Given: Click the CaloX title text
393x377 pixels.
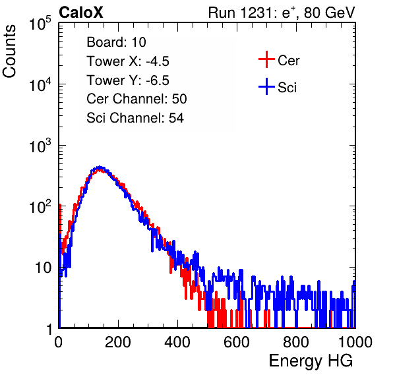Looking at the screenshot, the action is click(x=80, y=13).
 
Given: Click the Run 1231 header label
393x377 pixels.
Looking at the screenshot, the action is click(x=282, y=13).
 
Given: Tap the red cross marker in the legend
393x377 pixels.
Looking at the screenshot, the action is click(x=266, y=59).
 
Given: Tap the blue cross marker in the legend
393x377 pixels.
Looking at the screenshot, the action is click(x=266, y=86).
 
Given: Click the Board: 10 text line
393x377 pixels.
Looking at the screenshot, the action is click(x=116, y=42).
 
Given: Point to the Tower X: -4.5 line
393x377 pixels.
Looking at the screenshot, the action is click(x=128, y=61).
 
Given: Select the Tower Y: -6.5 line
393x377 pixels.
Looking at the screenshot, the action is click(x=128, y=80).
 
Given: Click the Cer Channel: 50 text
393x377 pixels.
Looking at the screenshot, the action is click(x=136, y=99).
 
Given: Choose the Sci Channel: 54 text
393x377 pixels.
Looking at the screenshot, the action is click(x=135, y=118).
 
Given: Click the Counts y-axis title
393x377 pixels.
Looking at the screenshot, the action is click(x=9, y=51).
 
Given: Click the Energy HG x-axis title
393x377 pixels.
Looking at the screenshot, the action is click(x=311, y=361).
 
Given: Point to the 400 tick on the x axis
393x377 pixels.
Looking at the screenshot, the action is click(x=177, y=342).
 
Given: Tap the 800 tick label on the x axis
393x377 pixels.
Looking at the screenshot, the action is click(x=296, y=342).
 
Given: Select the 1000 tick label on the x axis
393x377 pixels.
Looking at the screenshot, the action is click(x=355, y=342).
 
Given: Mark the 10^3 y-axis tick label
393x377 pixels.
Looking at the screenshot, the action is click(x=40, y=146).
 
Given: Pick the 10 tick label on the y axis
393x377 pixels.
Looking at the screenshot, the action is click(x=44, y=268).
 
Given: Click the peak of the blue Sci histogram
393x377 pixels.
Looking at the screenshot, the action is click(x=100, y=167).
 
